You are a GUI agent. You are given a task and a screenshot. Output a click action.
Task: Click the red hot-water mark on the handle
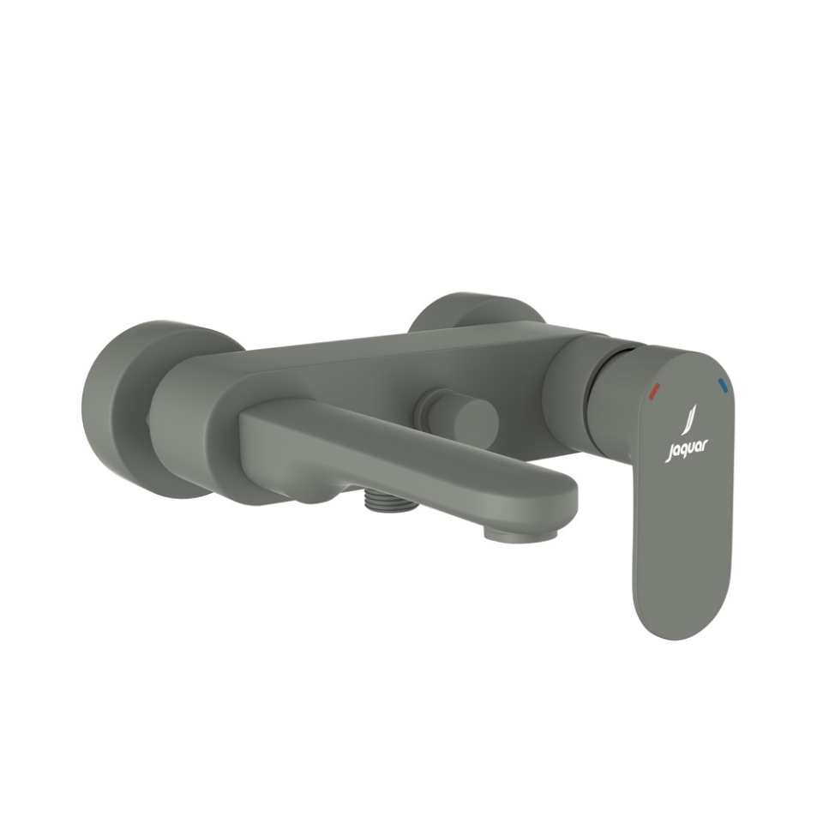tap(654, 391)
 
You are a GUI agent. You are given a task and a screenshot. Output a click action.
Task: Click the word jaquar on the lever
tap(687, 449)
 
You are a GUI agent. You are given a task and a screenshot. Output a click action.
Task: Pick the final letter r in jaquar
tap(705, 444)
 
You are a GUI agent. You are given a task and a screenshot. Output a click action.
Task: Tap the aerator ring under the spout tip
tap(520, 533)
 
